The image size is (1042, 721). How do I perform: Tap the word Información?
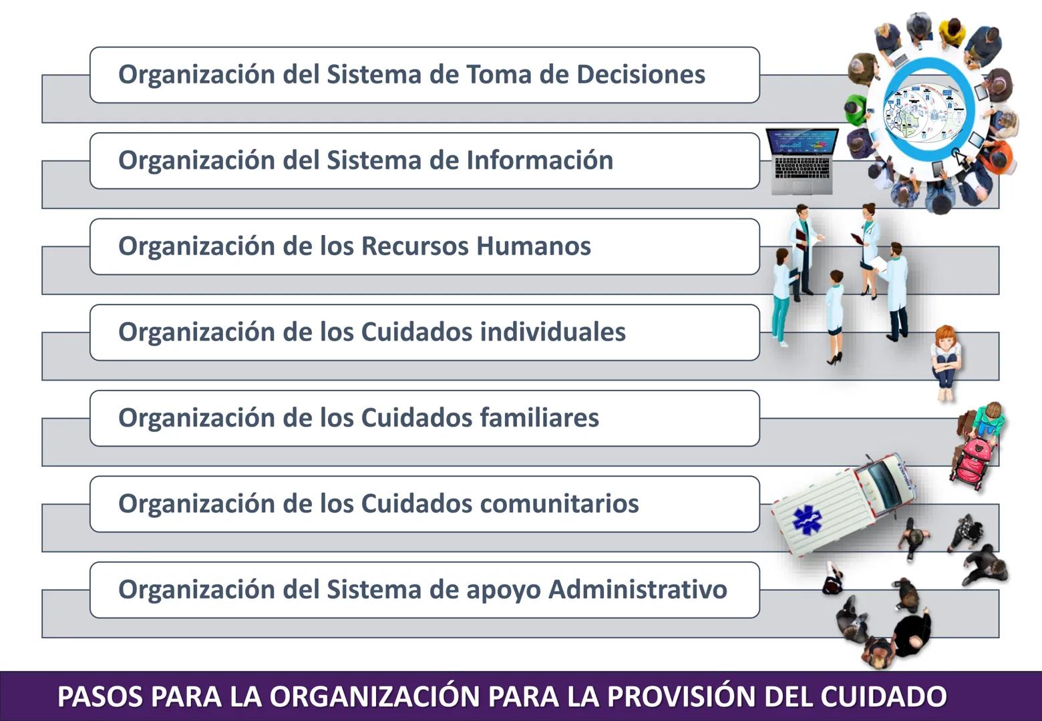(540, 160)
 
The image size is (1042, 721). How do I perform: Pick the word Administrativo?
(638, 589)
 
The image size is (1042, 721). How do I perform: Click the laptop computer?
(800, 160)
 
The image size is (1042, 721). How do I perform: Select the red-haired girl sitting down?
(945, 360)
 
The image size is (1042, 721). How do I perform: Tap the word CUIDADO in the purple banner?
(882, 696)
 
